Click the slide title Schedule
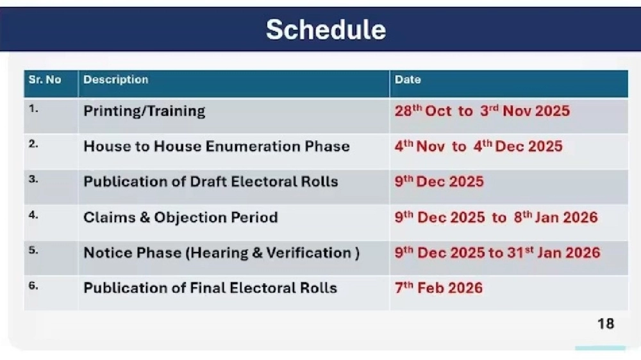point(326,29)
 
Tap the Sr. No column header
point(45,79)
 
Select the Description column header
point(115,79)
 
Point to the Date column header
point(408,79)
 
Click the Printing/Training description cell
point(144,111)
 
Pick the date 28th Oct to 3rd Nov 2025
point(483,111)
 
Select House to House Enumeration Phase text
point(217,146)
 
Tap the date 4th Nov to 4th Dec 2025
point(479,146)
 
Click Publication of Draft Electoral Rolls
point(211,181)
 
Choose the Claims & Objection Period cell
point(181,217)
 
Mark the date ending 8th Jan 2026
point(496,217)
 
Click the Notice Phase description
point(222,252)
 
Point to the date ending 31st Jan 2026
point(497,252)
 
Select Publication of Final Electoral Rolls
point(210,288)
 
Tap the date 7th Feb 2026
point(438,288)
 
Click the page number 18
point(606,323)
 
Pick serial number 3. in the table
point(33,179)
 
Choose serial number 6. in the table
point(33,285)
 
